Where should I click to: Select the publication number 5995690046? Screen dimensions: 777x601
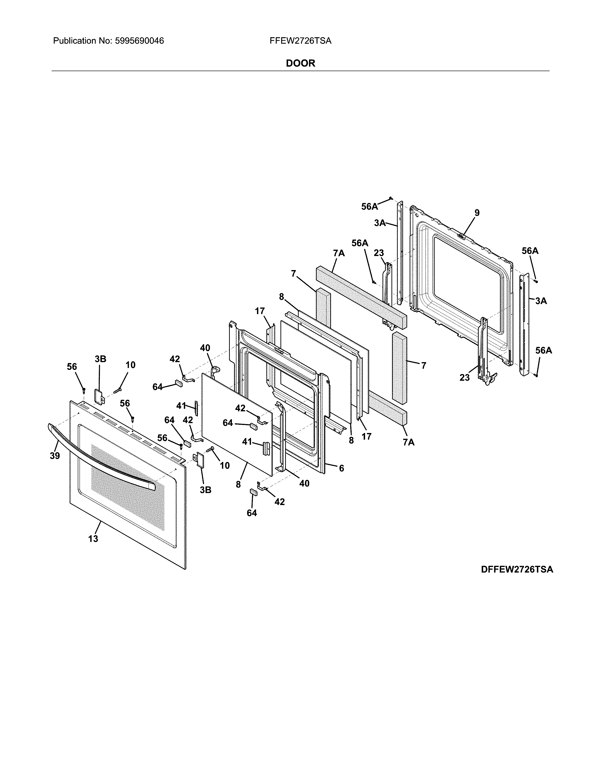coord(139,41)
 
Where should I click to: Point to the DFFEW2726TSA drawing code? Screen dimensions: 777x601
coord(517,570)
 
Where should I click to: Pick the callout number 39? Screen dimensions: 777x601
coord(55,456)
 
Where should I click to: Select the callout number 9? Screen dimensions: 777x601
coord(477,213)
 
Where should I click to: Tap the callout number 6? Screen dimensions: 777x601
coord(342,468)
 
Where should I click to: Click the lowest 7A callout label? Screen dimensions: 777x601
coord(409,442)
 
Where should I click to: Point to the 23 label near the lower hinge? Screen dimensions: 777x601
coord(464,377)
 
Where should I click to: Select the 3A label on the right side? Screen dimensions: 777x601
coord(541,301)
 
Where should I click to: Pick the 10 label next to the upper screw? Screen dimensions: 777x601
coord(130,365)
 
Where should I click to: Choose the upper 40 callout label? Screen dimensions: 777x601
coord(205,348)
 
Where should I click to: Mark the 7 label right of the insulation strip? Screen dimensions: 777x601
coord(423,365)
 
